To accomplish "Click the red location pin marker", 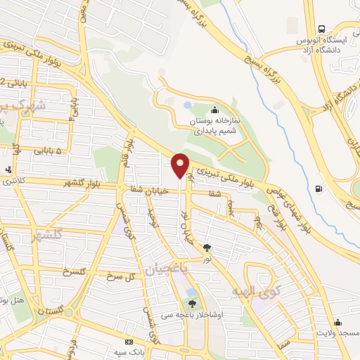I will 181,165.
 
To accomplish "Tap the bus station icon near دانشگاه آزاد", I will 321,30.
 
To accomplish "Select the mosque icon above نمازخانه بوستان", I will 214,110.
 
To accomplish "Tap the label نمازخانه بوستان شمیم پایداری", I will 215,125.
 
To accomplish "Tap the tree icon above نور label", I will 207,247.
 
